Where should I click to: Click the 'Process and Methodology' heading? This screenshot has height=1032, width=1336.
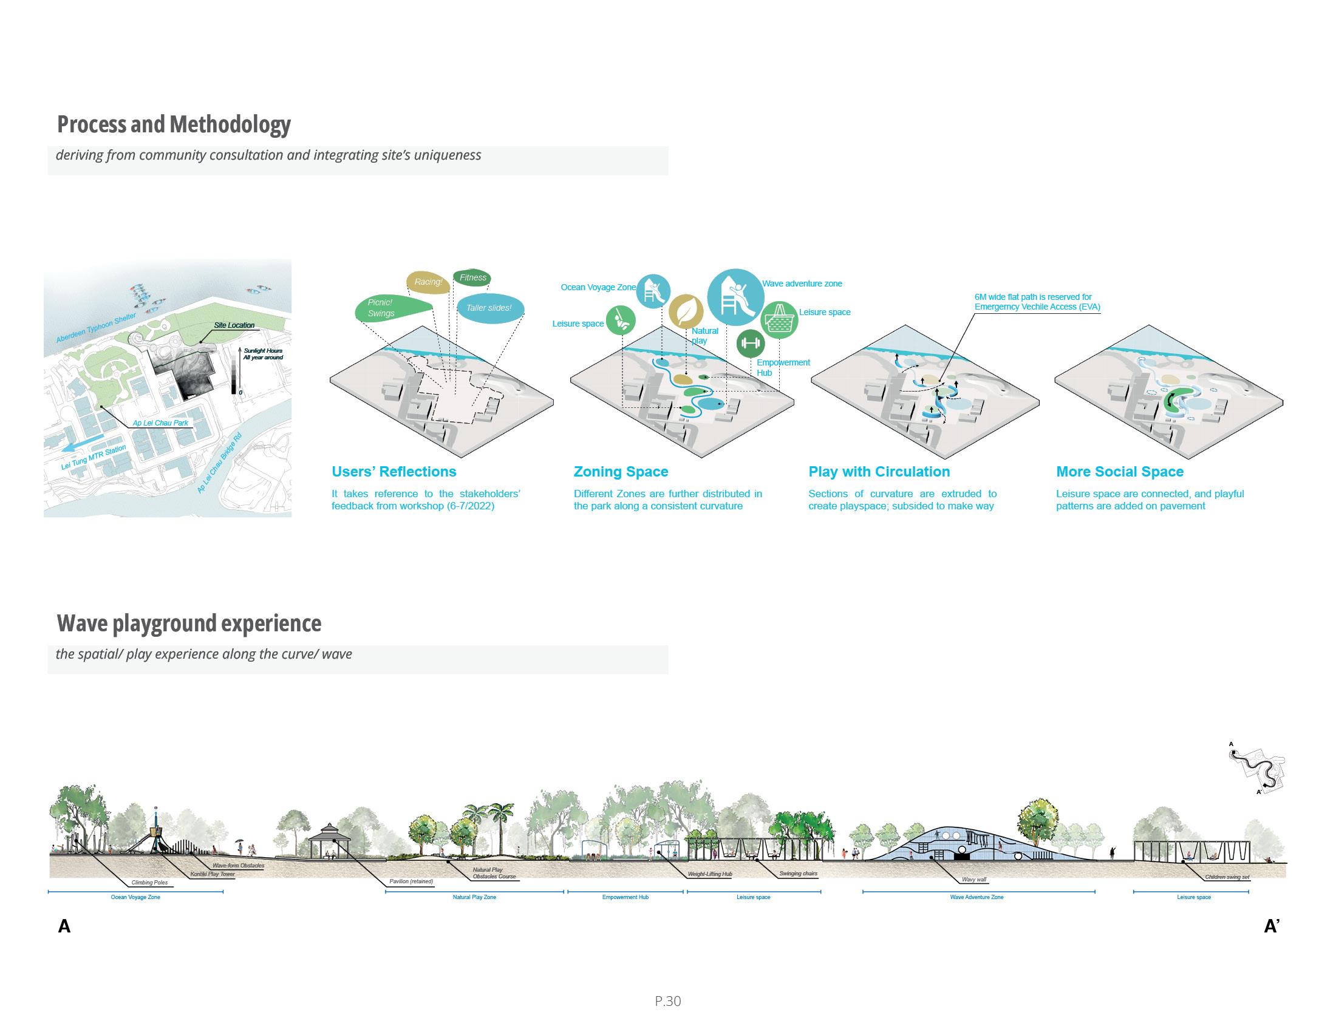pyautogui.click(x=174, y=124)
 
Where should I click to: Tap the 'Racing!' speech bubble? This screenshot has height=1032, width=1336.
pyautogui.click(x=428, y=282)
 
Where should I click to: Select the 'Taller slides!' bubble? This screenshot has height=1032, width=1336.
pyautogui.click(x=489, y=308)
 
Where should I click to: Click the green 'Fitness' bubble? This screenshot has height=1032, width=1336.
pyautogui.click(x=472, y=277)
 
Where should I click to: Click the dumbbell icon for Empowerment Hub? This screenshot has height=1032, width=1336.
pyautogui.click(x=750, y=344)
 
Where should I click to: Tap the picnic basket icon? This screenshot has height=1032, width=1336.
pyautogui.click(x=779, y=319)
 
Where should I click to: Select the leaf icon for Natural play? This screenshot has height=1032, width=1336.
pyautogui.click(x=686, y=311)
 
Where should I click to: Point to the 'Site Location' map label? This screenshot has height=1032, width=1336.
pyautogui.click(x=234, y=325)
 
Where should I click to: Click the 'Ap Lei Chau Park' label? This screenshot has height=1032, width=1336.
pyautogui.click(x=160, y=423)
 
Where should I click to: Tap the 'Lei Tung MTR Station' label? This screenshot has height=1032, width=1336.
pyautogui.click(x=94, y=458)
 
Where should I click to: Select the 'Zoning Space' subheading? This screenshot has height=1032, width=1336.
pyautogui.click(x=620, y=472)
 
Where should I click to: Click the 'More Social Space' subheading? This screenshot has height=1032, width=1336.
pyautogui.click(x=1119, y=472)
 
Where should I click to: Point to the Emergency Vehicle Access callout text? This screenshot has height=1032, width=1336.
pyautogui.click(x=1037, y=302)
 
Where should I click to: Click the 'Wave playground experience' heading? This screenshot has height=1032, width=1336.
pyautogui.click(x=189, y=623)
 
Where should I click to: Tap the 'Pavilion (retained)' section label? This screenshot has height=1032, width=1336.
pyautogui.click(x=411, y=881)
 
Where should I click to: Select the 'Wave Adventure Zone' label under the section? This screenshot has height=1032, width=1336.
pyautogui.click(x=976, y=897)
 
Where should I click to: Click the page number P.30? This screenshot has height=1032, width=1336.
pyautogui.click(x=667, y=1001)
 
